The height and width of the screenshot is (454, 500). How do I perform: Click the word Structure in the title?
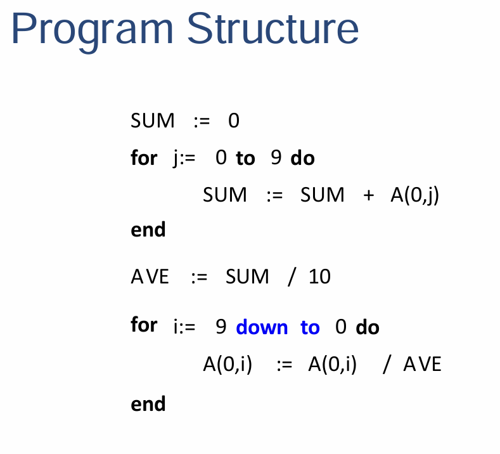tap(272, 28)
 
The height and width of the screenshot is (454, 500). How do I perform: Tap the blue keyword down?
tap(262, 327)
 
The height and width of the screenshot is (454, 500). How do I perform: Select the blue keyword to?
tap(310, 327)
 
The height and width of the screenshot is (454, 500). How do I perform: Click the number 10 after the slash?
tap(319, 276)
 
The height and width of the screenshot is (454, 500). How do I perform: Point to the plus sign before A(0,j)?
tap(369, 195)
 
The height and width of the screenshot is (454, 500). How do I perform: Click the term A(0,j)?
tap(415, 195)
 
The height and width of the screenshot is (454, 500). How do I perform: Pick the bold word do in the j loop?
tap(303, 158)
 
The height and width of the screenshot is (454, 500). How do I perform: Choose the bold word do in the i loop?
tap(368, 327)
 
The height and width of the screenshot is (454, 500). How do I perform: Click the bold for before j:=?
tap(144, 157)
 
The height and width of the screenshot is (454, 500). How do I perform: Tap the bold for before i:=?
tap(144, 324)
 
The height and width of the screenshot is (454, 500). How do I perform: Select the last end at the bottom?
tap(148, 404)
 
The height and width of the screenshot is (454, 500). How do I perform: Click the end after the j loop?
tap(148, 229)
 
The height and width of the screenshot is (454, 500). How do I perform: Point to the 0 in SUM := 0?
tap(234, 120)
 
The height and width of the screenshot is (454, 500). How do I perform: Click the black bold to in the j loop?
tap(245, 159)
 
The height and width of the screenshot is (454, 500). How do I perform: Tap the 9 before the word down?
tap(221, 327)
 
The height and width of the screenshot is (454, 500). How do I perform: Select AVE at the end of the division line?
tap(423, 364)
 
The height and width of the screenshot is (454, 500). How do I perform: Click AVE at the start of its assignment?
tap(150, 276)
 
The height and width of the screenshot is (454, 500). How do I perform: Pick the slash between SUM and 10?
tap(292, 276)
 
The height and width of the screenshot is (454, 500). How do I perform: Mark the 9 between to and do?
tap(276, 158)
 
